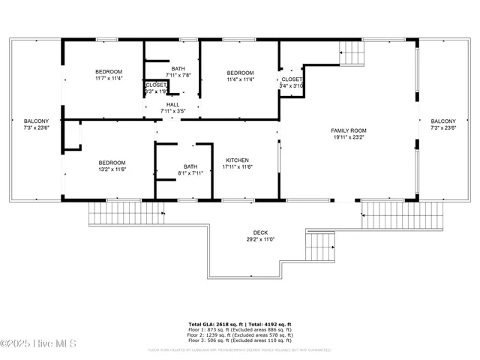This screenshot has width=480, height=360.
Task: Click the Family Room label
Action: pyautogui.click(x=349, y=130)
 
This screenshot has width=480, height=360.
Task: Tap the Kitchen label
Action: pyautogui.click(x=237, y=160)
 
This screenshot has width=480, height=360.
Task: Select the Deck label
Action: pyautogui.click(x=261, y=232)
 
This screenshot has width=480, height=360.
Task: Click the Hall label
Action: pyautogui.click(x=172, y=104)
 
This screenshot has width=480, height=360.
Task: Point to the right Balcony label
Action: pyautogui.click(x=442, y=121)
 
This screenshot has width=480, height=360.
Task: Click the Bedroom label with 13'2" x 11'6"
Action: pyautogui.click(x=112, y=162)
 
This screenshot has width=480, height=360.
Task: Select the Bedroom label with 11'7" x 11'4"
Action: pyautogui.click(x=109, y=72)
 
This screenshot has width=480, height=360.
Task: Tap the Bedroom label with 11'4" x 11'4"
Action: pyautogui.click(x=241, y=72)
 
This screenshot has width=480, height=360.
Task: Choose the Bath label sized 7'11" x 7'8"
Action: pyautogui.click(x=178, y=69)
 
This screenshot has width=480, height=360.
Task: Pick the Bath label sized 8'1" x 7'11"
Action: pyautogui.click(x=190, y=166)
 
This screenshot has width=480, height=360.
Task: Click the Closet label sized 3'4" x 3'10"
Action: pyautogui.click(x=292, y=79)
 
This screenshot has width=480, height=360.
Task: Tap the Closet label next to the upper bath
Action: pyautogui.click(x=156, y=85)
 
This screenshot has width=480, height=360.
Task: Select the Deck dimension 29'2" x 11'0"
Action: pyautogui.click(x=261, y=240)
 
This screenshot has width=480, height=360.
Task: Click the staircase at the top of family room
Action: pyautogui.click(x=351, y=52)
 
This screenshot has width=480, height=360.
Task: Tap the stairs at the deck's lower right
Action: pyautogui.click(x=320, y=245)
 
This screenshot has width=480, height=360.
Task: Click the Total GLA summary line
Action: pyautogui.click(x=239, y=325)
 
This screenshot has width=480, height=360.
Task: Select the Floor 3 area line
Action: pyautogui.click(x=239, y=341)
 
